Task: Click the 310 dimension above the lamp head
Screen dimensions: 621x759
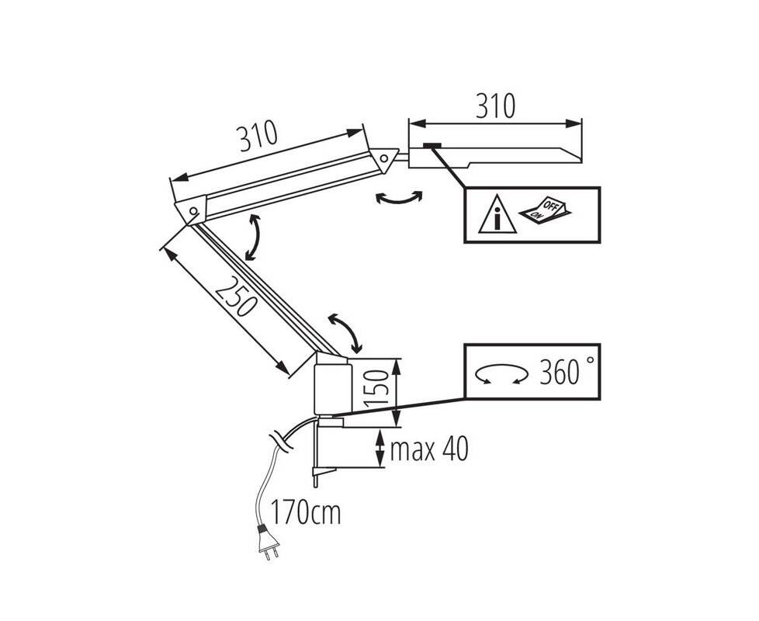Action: [495, 106]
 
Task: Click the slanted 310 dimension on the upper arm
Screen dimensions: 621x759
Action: [258, 138]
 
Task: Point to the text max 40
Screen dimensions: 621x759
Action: [429, 449]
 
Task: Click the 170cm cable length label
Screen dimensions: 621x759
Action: [305, 512]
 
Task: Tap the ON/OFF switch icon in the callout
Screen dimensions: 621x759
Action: [543, 210]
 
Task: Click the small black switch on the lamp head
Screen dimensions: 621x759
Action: [432, 145]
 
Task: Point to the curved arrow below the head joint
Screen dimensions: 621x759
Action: [398, 199]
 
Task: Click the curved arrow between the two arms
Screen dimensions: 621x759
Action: [252, 238]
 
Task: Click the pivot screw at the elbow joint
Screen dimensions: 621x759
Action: [192, 211]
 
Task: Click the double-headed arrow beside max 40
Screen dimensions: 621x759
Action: [379, 448]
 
